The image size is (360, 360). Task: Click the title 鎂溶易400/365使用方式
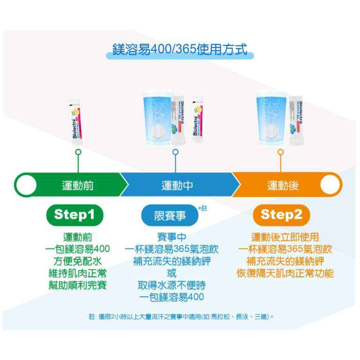tap(180, 49)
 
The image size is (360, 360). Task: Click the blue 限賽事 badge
tap(169, 215)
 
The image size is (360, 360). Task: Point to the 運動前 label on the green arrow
tap(78, 185)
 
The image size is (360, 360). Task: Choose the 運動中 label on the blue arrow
tap(177, 185)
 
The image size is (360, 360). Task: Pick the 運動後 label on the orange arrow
tap(283, 185)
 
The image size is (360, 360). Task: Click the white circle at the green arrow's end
tap(26, 185)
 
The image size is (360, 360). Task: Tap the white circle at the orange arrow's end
tap(331, 185)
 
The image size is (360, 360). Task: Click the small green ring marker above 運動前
tap(78, 152)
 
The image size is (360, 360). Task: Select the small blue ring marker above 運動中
tap(175, 152)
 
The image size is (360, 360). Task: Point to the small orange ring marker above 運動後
tap(280, 152)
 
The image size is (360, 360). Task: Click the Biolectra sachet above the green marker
tap(76, 123)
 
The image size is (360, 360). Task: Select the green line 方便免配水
tap(78, 261)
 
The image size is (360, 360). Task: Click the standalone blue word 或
tap(171, 273)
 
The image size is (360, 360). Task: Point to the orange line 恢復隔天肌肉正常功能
tap(285, 273)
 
